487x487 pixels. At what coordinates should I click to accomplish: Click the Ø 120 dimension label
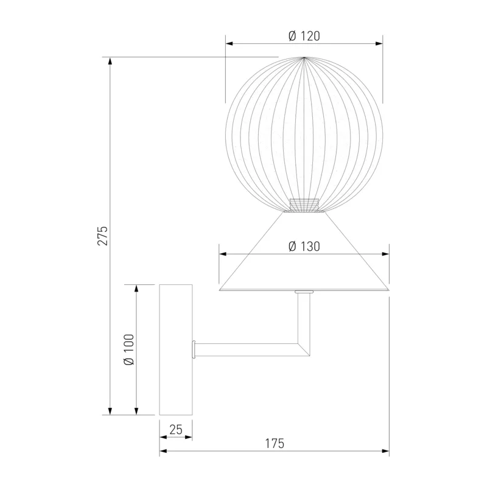tap(304, 36)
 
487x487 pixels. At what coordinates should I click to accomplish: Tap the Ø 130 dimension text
tap(304, 247)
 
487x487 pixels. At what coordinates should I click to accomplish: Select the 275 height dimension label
tap(103, 236)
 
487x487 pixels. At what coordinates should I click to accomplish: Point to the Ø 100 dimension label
tap(129, 349)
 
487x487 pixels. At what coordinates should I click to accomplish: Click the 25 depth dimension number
tap(176, 430)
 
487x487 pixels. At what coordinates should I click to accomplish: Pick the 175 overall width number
tap(275, 444)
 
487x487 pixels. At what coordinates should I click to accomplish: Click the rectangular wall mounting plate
tap(176, 349)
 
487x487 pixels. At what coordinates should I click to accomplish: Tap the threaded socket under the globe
tap(304, 205)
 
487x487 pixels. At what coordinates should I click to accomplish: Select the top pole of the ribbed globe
tap(304, 57)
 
